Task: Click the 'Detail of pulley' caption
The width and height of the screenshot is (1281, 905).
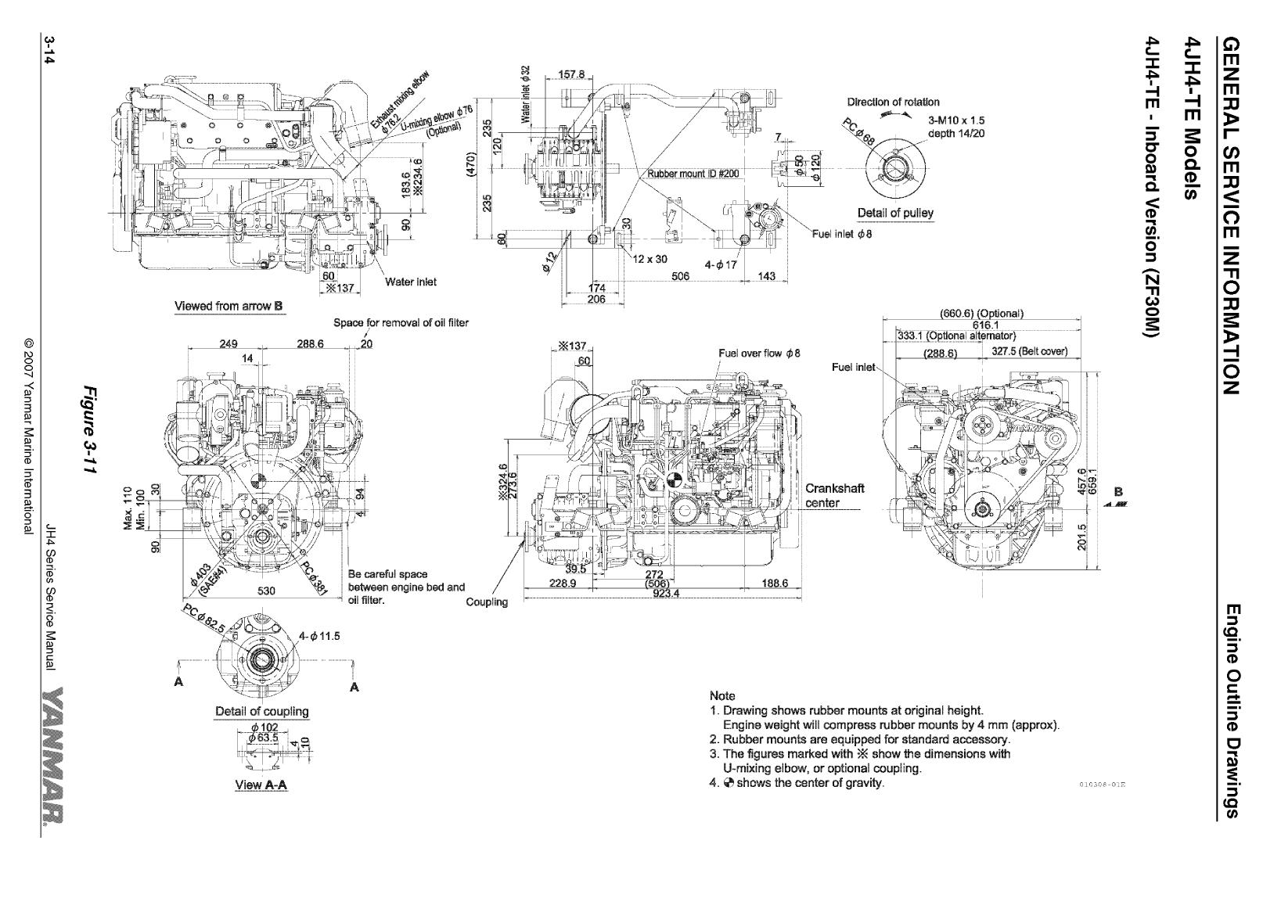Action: [x=895, y=213]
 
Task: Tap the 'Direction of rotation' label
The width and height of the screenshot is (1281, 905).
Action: [x=893, y=102]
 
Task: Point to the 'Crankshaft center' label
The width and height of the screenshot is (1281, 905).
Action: [x=834, y=495]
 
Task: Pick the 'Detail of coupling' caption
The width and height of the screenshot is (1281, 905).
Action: [x=261, y=712]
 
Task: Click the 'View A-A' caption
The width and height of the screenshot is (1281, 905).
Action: [x=261, y=785]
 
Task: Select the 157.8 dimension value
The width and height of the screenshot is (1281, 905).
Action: [x=571, y=75]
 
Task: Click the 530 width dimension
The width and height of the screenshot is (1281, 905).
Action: [x=267, y=591]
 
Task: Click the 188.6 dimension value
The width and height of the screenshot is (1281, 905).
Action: [x=774, y=583]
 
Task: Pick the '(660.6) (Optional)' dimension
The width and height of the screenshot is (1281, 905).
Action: [x=981, y=314]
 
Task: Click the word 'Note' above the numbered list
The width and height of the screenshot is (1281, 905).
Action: [x=721, y=695]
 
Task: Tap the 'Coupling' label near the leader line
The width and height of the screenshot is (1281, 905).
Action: [x=486, y=602]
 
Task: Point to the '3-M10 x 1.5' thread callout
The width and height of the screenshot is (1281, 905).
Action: [x=955, y=120]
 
